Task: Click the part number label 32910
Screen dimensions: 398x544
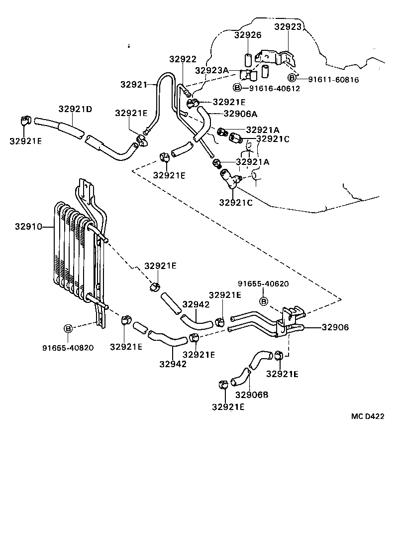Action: pos(28,227)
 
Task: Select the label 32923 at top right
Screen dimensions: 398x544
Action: pos(288,27)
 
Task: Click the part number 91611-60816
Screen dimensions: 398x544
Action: pos(333,79)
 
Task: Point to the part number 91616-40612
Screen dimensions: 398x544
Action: pos(274,89)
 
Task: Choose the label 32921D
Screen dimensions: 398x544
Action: pos(75,109)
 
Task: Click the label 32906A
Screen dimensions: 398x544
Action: pos(240,114)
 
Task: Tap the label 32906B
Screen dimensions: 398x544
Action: pos(252,395)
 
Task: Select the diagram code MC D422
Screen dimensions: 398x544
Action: pos(368,416)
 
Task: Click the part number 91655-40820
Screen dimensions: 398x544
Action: pos(68,348)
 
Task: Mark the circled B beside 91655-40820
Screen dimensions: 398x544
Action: pos(68,328)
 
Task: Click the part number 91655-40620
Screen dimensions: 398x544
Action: pos(263,284)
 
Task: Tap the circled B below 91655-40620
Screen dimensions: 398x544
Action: pos(264,301)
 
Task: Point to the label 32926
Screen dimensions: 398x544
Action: pos(248,35)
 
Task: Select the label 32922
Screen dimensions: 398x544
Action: pos(183,59)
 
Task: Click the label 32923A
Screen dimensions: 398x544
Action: pos(211,70)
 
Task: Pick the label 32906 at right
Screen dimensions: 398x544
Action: pos(335,327)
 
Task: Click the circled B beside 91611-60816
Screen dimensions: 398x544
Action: pos(293,77)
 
